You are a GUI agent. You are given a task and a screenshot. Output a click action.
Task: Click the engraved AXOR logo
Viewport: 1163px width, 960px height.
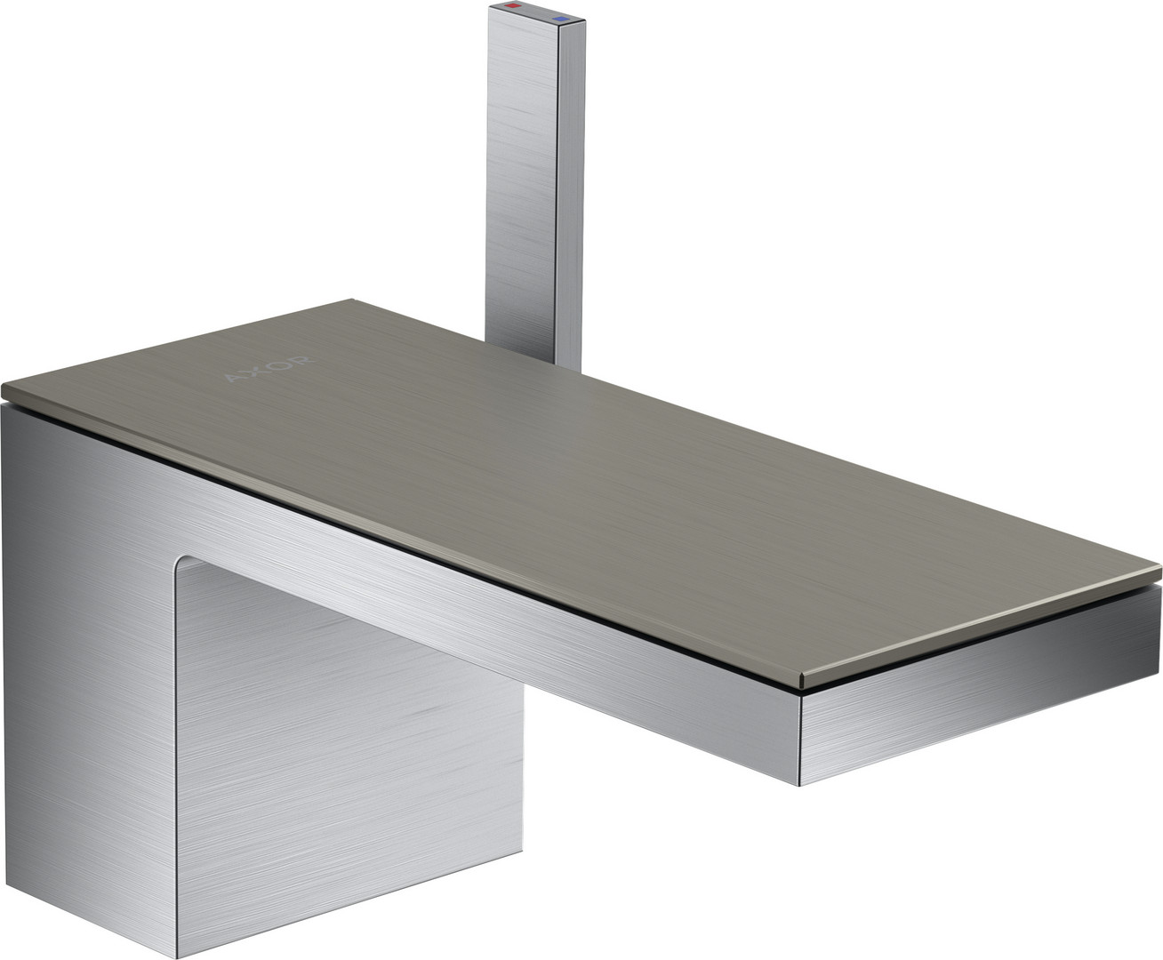coord(269,369)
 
